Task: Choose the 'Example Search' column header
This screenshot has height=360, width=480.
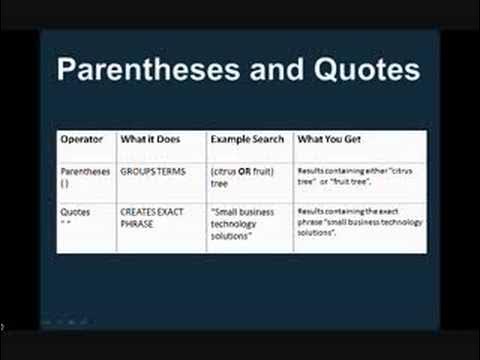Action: (247, 139)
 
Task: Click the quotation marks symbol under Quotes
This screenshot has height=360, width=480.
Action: (65, 223)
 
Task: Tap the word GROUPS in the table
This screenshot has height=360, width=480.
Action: (135, 171)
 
